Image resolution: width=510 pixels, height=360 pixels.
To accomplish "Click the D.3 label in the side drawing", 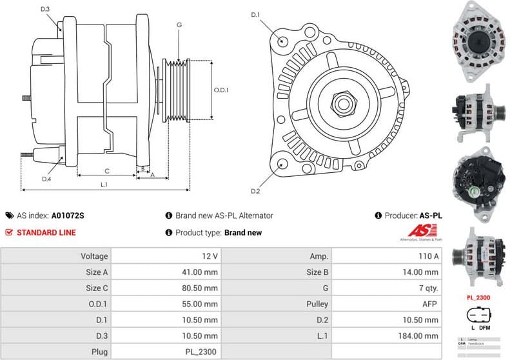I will tap(44, 10).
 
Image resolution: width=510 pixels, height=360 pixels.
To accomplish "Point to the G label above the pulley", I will tap(179, 25).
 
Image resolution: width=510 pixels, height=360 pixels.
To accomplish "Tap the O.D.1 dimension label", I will tap(221, 90).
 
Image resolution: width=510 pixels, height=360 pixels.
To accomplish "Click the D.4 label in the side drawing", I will tap(46, 179).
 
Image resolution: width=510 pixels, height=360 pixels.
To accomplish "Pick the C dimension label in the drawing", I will tap(107, 171).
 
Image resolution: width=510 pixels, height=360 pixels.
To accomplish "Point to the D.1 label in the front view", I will tap(255, 14).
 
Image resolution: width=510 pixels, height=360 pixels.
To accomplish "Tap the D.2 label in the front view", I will tap(255, 192).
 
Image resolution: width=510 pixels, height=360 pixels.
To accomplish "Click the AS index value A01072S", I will tap(68, 215).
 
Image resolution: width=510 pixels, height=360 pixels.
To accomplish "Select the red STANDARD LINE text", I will tap(46, 232).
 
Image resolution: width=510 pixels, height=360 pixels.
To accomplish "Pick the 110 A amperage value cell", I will tap(429, 256).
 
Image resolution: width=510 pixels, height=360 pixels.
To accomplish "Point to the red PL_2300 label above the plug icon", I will tap(478, 298).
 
